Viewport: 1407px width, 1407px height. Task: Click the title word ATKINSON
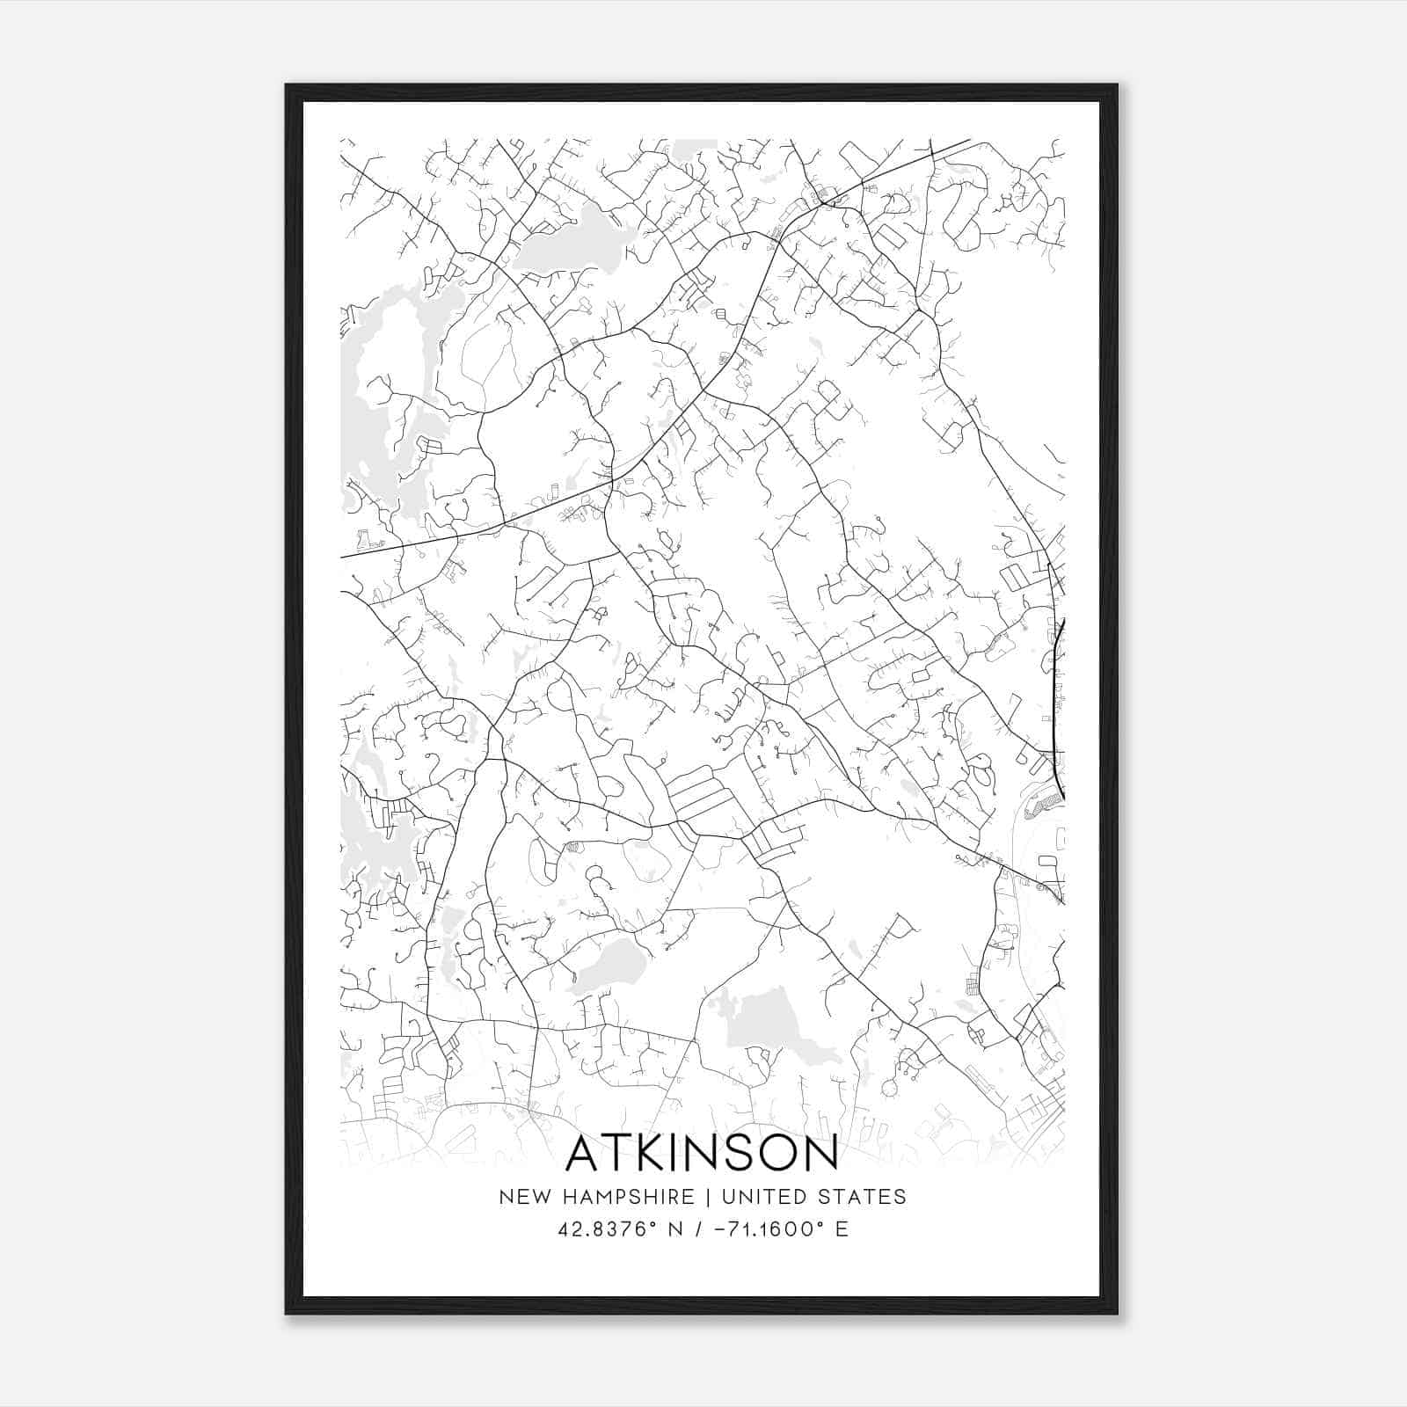701,1154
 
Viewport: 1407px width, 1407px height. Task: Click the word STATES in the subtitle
865,1197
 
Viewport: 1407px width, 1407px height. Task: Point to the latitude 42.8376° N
620,1228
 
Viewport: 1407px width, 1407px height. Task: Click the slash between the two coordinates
698,1228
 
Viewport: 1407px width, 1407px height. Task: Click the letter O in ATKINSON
779,1154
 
